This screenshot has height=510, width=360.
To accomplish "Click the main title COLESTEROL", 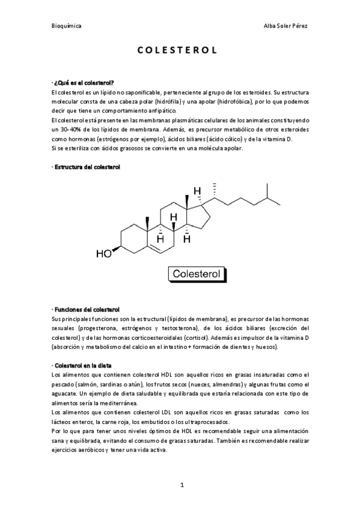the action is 180,51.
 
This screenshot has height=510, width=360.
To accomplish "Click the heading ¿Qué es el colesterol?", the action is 84,82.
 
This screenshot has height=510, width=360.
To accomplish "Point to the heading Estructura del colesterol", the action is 88,166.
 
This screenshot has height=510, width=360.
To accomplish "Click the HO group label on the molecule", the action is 104,253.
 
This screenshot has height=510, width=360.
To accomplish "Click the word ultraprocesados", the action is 202,422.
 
